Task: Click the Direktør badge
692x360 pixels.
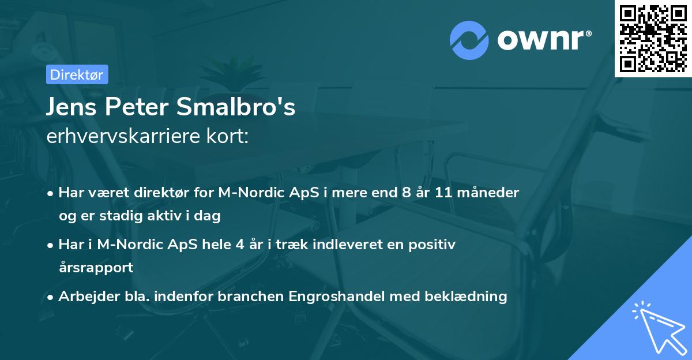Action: tap(76, 75)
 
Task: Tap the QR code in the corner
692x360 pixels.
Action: tap(653, 39)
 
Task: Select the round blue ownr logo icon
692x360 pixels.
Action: tap(469, 39)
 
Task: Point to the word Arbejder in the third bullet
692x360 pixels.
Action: tap(85, 297)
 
